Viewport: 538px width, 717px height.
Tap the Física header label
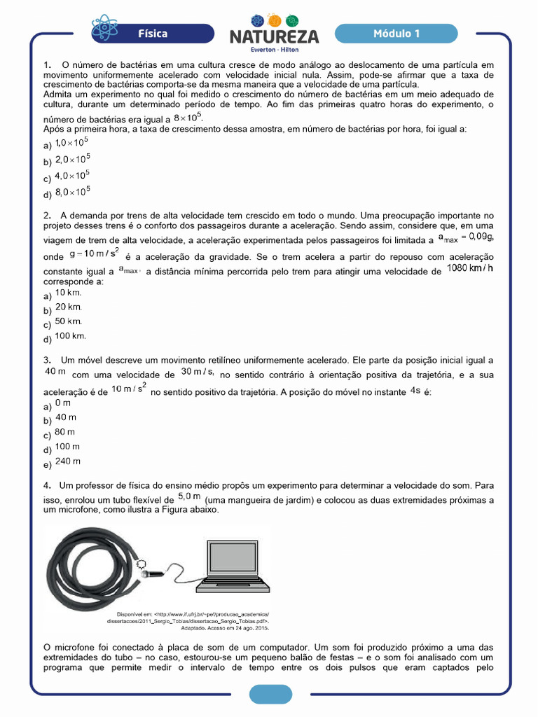[152, 34]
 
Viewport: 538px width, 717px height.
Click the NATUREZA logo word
[274, 36]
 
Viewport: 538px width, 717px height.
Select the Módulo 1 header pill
[396, 34]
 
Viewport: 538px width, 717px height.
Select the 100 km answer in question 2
[71, 336]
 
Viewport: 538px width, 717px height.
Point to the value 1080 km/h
[470, 268]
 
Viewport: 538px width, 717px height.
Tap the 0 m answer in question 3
[63, 403]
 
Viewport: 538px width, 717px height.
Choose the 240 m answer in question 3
[68, 461]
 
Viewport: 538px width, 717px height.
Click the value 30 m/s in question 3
[197, 371]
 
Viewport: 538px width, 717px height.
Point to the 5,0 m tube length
[189, 496]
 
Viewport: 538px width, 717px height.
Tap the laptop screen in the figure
[237, 552]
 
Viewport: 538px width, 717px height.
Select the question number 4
[46, 485]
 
